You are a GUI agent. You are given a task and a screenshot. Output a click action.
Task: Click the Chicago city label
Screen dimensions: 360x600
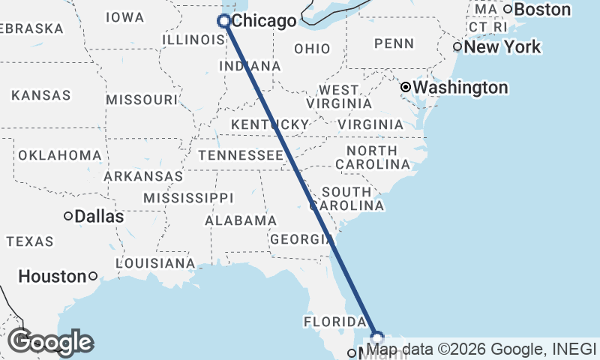pos(263,21)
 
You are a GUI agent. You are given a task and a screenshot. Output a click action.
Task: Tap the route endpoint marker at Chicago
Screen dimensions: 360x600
pos(223,21)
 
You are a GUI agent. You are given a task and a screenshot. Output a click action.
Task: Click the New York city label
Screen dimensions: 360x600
pos(502,47)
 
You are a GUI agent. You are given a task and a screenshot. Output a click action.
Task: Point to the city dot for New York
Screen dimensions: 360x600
pos(457,47)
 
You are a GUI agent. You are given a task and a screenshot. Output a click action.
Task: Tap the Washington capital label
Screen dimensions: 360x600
pos(460,88)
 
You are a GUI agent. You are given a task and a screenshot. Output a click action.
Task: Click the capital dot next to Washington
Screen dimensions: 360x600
pos(406,88)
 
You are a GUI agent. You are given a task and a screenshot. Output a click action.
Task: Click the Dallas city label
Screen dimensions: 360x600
pos(99,216)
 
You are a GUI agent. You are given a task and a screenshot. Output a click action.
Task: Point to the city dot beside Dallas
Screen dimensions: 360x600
pos(68,216)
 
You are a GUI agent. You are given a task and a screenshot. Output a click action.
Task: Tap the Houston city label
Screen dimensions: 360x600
pos(52,276)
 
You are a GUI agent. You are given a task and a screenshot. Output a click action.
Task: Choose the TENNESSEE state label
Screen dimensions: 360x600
pos(241,155)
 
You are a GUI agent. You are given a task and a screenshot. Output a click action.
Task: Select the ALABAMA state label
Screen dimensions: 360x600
pos(241,220)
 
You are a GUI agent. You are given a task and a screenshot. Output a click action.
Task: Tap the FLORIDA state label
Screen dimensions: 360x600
pos(334,322)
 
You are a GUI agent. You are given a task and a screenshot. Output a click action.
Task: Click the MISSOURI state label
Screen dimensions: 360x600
pos(141,100)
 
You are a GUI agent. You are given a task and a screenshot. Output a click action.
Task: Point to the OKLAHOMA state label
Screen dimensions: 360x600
pos(60,155)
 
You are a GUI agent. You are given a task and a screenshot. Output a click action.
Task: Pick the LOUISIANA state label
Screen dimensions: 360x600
pos(154,263)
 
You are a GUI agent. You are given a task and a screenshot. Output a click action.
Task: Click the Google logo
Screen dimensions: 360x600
pos(50,342)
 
